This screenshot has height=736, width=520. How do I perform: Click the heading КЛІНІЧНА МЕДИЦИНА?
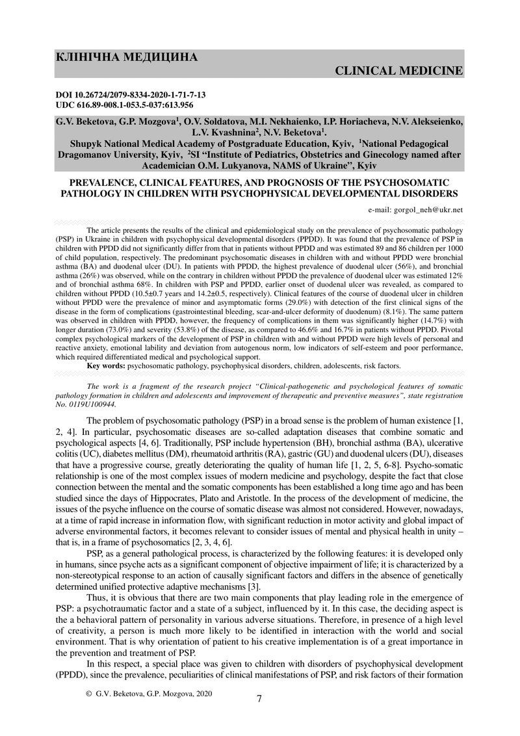click(x=127, y=57)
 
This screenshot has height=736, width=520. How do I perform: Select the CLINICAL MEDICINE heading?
click(x=399, y=70)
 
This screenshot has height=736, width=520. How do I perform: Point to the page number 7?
click(x=259, y=699)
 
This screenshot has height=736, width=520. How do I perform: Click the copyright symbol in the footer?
click(x=89, y=694)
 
